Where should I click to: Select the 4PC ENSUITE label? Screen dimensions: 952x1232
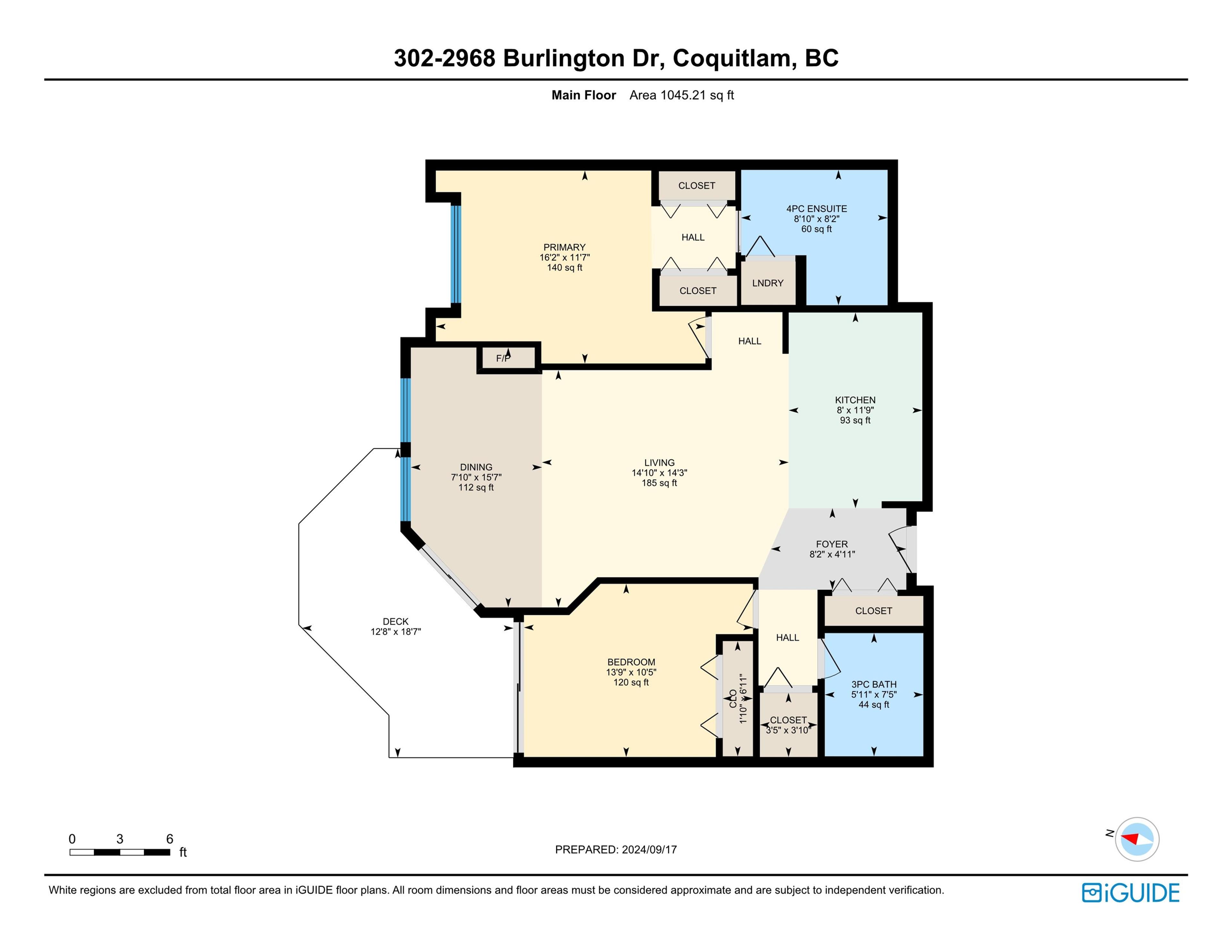click(816, 209)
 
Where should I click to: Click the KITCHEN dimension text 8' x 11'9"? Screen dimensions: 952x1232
click(855, 410)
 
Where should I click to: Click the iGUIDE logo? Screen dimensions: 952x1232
click(1131, 892)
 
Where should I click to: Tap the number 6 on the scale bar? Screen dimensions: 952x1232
click(169, 839)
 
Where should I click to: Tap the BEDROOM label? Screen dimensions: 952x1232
click(631, 662)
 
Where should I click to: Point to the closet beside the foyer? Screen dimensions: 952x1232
click(873, 611)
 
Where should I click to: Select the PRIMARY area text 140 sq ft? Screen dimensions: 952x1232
click(564, 267)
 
